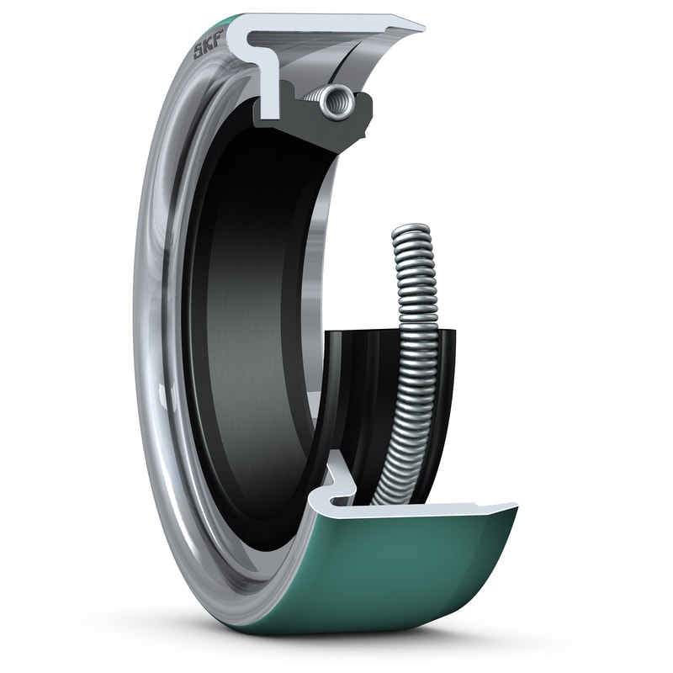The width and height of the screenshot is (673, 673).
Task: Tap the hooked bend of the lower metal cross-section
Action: coord(336,471)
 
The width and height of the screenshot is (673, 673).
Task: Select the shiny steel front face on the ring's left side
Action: coord(160,336)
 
